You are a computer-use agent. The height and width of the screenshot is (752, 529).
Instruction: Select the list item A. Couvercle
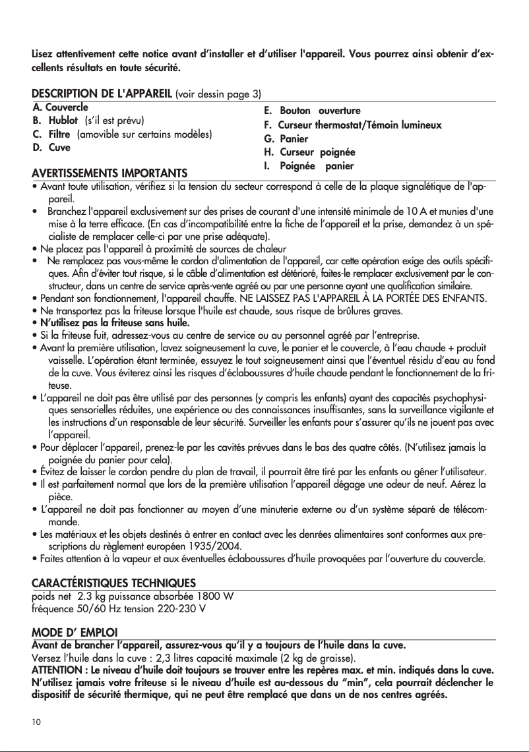coord(61,106)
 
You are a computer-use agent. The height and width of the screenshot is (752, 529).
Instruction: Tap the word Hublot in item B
coord(65,121)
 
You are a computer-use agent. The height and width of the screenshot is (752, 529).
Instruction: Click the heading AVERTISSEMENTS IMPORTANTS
coord(109,173)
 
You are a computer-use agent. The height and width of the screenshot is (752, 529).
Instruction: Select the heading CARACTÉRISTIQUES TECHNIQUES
coord(113,584)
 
